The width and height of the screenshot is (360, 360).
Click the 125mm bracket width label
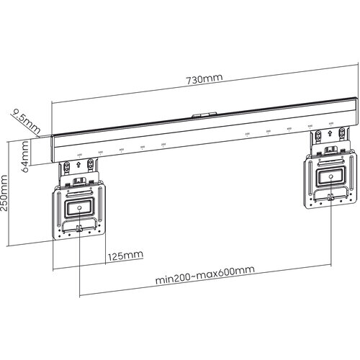tap(122, 255)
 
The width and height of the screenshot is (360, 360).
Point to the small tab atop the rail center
tap(204, 113)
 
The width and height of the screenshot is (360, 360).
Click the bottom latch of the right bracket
tap(330, 197)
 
